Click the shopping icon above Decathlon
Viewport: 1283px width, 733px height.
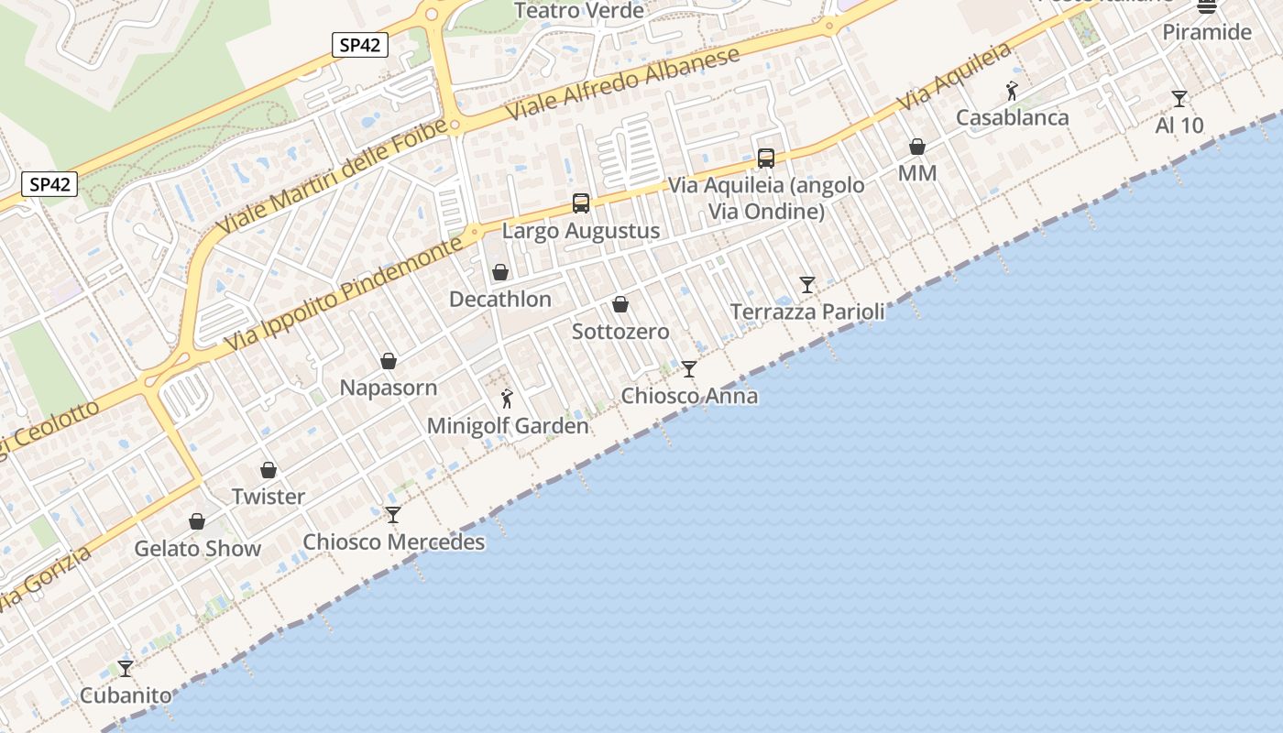(x=500, y=272)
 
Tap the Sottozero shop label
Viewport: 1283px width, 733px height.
(x=620, y=332)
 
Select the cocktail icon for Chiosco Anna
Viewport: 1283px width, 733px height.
(x=689, y=369)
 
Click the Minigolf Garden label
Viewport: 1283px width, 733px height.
(x=508, y=426)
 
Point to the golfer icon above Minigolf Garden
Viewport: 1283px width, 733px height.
(x=507, y=399)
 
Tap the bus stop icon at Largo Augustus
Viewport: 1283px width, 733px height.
(x=581, y=203)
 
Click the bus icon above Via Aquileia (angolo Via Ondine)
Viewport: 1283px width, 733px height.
(x=766, y=159)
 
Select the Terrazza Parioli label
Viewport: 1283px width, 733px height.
(x=807, y=312)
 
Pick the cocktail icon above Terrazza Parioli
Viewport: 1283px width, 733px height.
(x=807, y=285)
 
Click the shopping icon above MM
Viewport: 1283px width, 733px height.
(x=917, y=147)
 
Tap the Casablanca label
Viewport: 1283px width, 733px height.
(x=1012, y=118)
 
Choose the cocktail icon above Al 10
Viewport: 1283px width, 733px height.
(x=1179, y=99)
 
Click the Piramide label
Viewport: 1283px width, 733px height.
(x=1207, y=33)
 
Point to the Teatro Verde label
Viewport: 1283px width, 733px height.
(x=579, y=11)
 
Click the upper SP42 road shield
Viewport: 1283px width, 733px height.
(x=360, y=46)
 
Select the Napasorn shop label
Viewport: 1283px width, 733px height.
(x=389, y=388)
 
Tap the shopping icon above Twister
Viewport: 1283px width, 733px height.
(x=269, y=470)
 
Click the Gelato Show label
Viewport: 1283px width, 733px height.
(x=197, y=549)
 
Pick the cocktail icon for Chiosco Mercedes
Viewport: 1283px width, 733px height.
(x=393, y=515)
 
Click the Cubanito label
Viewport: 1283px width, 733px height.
(x=126, y=695)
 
